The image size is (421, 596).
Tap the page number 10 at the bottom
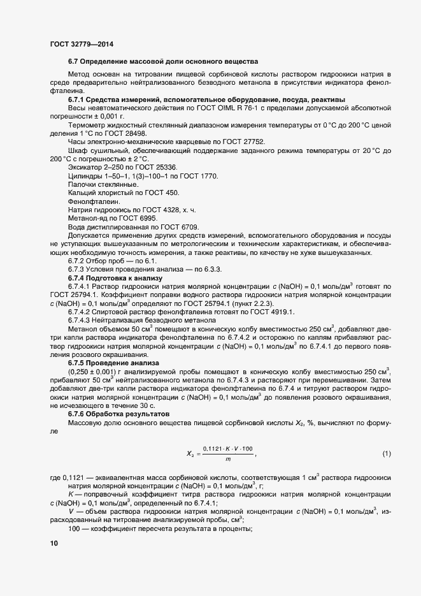(x=54, y=544)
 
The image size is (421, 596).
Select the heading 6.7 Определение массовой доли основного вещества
(x=162, y=62)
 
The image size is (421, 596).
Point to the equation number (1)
(x=386, y=454)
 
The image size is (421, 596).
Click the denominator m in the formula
(x=227, y=459)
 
